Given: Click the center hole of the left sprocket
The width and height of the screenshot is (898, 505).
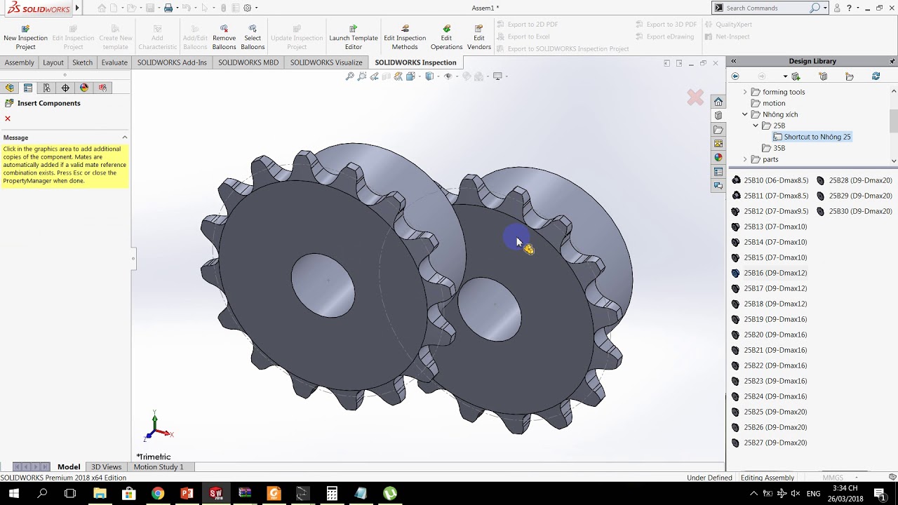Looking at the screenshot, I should click(323, 285).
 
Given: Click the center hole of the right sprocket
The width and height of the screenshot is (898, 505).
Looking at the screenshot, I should click(490, 309).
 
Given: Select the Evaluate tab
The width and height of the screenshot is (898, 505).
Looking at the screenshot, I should click(114, 62).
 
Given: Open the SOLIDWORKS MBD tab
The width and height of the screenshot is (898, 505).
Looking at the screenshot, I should click(248, 62).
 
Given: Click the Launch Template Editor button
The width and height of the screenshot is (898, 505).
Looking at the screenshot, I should click(354, 37).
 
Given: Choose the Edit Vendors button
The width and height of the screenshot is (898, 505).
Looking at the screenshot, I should click(478, 37).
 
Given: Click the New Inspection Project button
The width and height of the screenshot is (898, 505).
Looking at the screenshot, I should click(25, 37).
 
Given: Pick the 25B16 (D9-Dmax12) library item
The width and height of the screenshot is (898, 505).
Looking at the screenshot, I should click(775, 273).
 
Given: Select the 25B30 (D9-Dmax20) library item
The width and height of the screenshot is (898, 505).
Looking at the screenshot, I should click(860, 211).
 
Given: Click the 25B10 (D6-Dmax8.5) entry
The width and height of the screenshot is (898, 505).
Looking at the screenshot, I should click(775, 180).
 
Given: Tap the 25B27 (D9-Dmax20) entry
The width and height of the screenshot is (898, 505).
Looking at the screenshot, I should click(775, 443).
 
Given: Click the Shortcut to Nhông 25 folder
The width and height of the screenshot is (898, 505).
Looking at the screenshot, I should click(817, 137).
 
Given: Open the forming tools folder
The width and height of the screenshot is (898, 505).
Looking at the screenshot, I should click(783, 92).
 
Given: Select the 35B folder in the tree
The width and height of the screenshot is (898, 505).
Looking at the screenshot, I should click(779, 148).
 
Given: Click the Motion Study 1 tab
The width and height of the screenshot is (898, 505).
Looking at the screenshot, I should click(159, 467).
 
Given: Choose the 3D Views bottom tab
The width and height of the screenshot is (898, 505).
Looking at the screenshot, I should click(106, 467).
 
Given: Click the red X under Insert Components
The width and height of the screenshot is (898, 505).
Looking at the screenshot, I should click(8, 119).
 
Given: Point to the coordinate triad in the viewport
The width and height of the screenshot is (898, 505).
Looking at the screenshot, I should click(156, 427).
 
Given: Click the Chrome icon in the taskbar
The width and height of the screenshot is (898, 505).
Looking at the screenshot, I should click(158, 494).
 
